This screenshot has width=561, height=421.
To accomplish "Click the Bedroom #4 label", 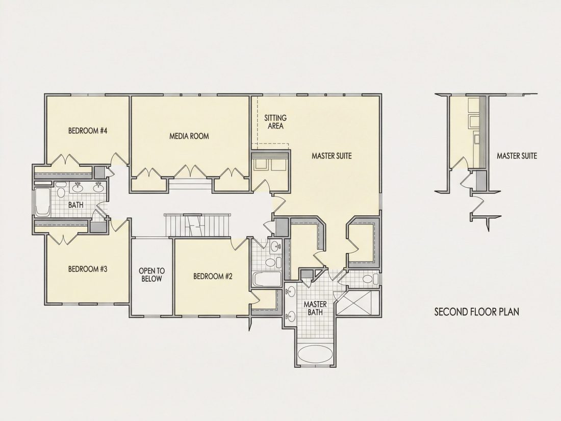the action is click(x=88, y=131).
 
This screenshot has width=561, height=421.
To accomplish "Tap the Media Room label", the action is click(x=189, y=136).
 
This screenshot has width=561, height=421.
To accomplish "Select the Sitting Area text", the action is click(x=275, y=122).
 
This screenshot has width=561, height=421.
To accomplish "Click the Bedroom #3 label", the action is click(x=88, y=269).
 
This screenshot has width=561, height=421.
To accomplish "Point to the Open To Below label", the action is click(x=151, y=275).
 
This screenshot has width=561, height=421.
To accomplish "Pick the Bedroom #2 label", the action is click(x=213, y=277).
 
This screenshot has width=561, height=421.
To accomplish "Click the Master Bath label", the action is click(x=315, y=308).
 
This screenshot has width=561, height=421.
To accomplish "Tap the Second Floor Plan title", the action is click(x=476, y=312).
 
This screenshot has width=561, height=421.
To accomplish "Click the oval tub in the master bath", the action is click(x=315, y=354).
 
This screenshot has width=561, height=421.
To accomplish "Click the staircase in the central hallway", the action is click(x=197, y=225).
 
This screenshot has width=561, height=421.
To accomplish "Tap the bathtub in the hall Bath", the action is click(x=42, y=202).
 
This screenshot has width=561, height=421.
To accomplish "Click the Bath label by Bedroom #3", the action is click(x=76, y=205).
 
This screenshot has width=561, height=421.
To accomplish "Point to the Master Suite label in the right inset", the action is click(x=517, y=156).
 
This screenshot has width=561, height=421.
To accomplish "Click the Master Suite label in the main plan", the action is click(x=331, y=156).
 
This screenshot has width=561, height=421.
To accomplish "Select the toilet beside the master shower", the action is click(x=370, y=279).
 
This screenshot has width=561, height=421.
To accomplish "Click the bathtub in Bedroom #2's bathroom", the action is click(x=266, y=279).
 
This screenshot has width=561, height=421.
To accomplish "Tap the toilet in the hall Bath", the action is click(x=61, y=190).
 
